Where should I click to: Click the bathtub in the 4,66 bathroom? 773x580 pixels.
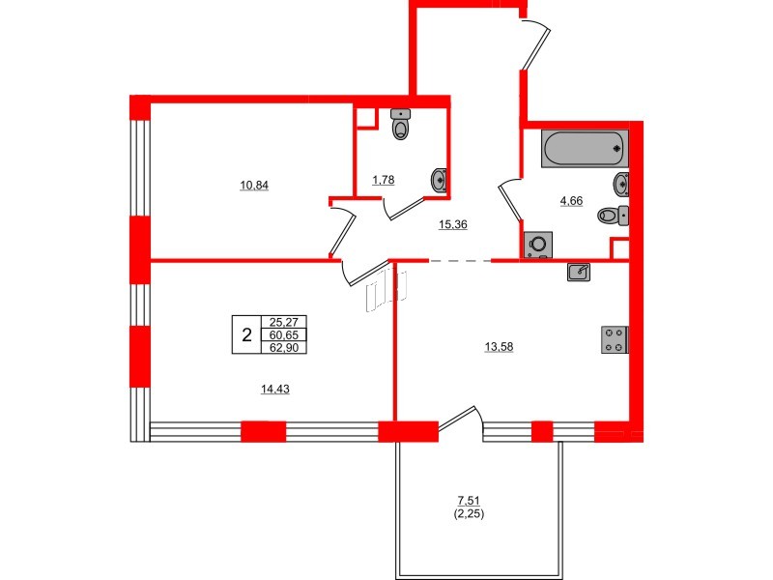coord(585,149)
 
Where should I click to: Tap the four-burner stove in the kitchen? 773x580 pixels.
coord(615,340)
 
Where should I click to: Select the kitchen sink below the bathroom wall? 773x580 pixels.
coord(579,272)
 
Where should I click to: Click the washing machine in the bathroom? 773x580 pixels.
coord(538,245)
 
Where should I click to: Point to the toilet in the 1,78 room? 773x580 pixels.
coord(400,125)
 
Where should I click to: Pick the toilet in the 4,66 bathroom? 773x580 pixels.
coord(614,216)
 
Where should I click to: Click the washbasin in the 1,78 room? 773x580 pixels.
coord(439,181)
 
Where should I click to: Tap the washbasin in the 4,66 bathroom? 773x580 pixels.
coord(621,185)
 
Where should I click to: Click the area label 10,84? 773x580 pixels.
coord(254,186)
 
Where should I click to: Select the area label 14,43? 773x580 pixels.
coord(275,390)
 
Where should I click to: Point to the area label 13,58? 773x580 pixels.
coord(499,347)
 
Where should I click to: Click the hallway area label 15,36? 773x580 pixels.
coord(453,224)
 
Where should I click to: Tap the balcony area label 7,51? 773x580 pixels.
coord(469,501)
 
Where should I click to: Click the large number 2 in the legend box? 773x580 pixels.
coord(247,335)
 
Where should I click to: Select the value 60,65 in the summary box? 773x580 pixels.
coord(284,335)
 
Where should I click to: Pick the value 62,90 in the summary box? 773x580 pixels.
coord(284,347)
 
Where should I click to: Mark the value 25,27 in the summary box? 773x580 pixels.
coord(284,322)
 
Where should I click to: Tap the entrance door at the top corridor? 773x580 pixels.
coord(535,44)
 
